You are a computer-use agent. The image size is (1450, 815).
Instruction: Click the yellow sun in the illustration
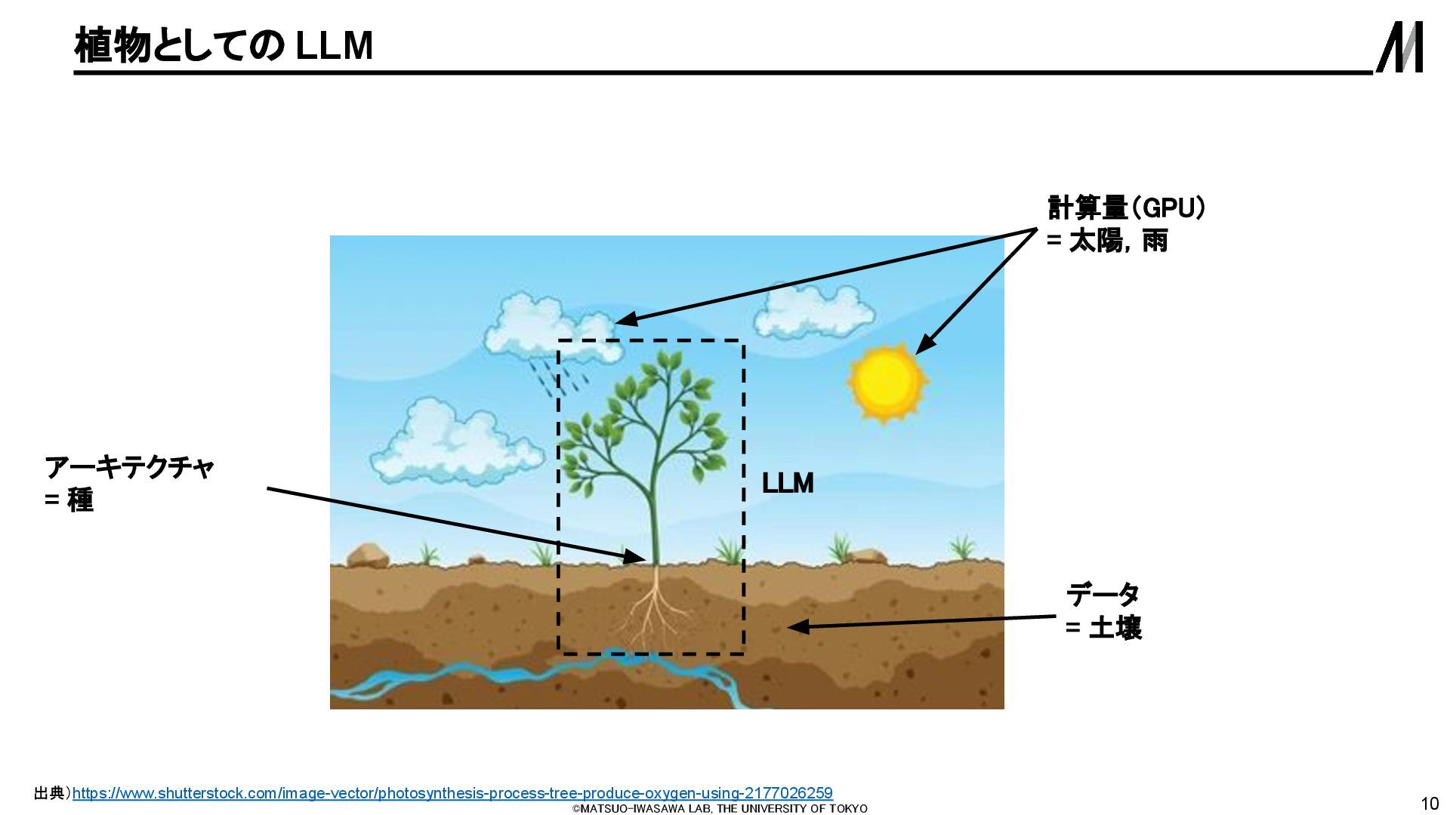887,381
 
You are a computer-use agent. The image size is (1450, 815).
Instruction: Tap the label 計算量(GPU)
1125,208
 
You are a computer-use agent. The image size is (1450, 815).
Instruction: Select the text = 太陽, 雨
1107,241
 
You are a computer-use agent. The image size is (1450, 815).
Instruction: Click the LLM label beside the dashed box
788,483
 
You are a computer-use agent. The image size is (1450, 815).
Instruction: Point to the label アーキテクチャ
130,468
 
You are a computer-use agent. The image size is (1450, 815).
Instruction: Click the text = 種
69,500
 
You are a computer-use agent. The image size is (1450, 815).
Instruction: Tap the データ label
1103,595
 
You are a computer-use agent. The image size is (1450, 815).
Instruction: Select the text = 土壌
1103,628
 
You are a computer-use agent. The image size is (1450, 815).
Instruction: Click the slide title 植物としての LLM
224,46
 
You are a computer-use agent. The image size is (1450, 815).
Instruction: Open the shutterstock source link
452,793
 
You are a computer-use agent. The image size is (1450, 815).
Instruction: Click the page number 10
1430,803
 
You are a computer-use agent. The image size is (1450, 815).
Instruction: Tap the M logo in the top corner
1399,47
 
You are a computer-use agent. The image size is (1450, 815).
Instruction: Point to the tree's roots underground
654,611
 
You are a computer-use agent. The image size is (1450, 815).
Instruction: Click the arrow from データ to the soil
921,622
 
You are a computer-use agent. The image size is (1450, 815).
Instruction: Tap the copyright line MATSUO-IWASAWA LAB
720,809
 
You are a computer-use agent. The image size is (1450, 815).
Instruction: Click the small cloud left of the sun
813,313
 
